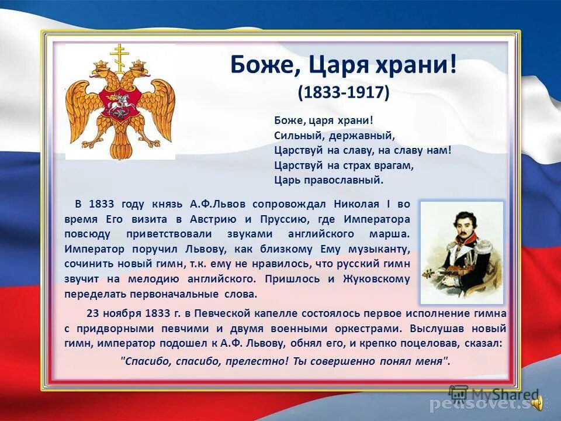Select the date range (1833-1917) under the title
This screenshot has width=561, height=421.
click(x=343, y=92)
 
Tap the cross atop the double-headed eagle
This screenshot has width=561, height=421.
click(x=120, y=53)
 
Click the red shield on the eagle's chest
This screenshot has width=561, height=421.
click(x=119, y=103)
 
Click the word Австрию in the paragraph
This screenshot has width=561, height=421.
click(x=213, y=219)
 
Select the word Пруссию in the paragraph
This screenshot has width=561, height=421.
click(x=279, y=219)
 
